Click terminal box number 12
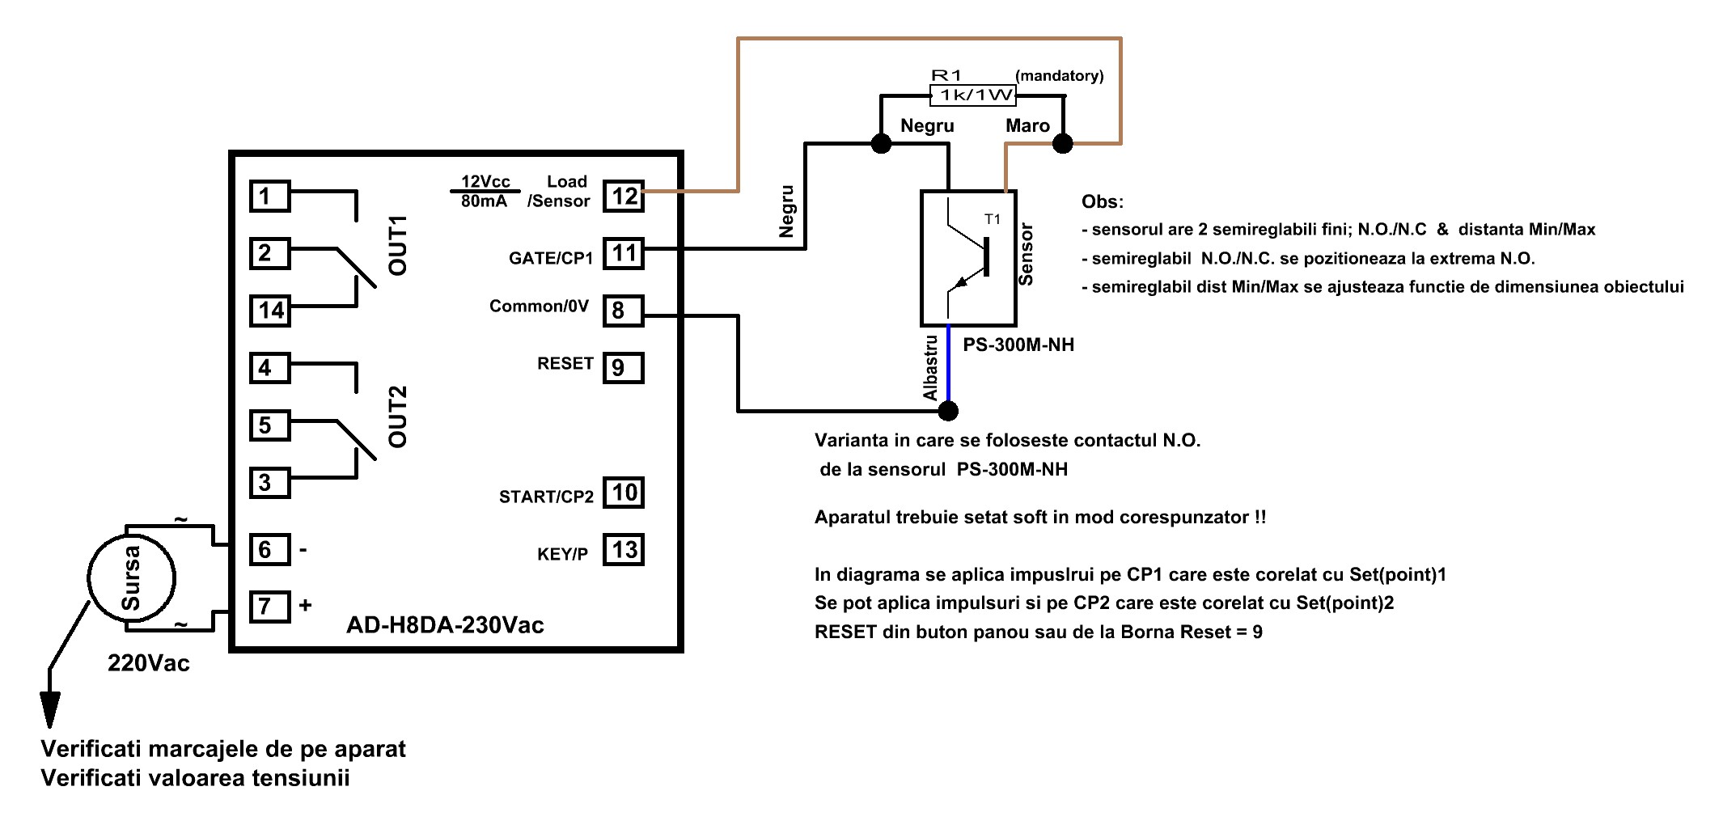[624, 196]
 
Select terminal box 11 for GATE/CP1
[624, 253]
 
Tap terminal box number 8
[624, 311]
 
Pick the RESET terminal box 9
[624, 368]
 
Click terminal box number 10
[624, 493]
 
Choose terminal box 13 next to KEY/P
[624, 550]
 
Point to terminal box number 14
[270, 311]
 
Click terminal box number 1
[270, 196]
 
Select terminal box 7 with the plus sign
[270, 606]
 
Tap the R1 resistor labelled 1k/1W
[973, 95]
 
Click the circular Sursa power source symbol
[131, 577]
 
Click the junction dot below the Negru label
[881, 144]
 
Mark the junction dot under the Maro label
[1062, 144]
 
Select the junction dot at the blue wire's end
[948, 411]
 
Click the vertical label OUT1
[398, 245]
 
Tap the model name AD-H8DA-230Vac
[445, 625]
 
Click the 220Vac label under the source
[149, 663]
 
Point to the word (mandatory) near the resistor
[1060, 76]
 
